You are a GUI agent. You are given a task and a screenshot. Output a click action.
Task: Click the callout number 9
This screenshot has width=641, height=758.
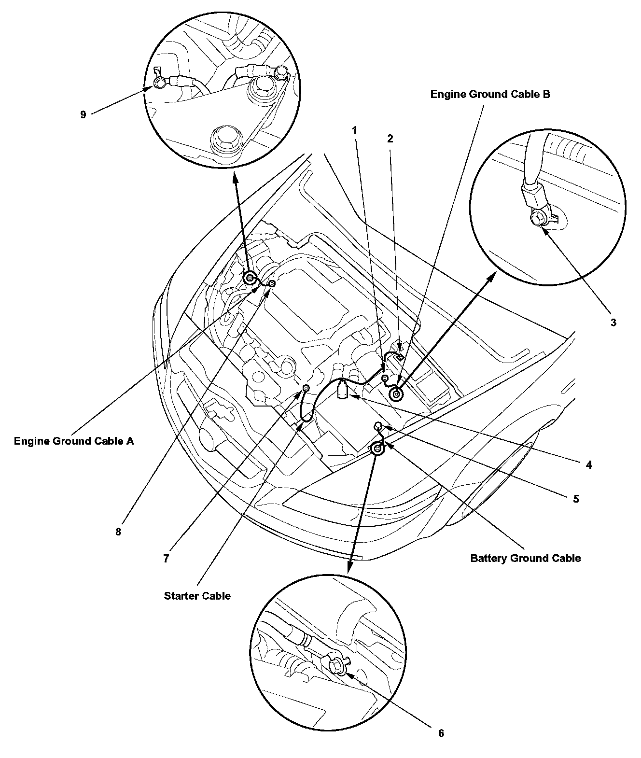[x=83, y=114]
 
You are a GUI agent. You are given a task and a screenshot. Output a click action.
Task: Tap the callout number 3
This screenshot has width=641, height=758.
[x=613, y=323]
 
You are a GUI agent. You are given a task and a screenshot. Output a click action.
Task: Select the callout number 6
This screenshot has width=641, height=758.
[x=441, y=733]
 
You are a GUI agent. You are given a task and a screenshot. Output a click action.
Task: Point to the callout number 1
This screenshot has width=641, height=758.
[x=355, y=130]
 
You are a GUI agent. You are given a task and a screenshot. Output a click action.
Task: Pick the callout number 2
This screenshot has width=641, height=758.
[x=390, y=139]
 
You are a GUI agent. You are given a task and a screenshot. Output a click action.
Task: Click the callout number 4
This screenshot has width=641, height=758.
[x=588, y=465]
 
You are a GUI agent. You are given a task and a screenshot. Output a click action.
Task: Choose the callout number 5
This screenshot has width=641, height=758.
[x=575, y=498]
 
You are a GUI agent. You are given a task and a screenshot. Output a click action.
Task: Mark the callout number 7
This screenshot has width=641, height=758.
[x=166, y=559]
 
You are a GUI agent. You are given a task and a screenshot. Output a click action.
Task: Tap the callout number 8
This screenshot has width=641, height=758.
[x=118, y=532]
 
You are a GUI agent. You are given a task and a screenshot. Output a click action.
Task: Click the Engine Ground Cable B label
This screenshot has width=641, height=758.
[x=490, y=95]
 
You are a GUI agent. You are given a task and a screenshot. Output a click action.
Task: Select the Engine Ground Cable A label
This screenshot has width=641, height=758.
[x=74, y=441]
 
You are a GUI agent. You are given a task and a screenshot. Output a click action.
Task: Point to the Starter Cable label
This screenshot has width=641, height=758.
[x=197, y=596]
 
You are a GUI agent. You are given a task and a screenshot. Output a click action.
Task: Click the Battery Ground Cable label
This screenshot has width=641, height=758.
[x=526, y=559]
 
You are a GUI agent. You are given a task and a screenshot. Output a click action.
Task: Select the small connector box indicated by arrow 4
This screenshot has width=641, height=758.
[x=342, y=389]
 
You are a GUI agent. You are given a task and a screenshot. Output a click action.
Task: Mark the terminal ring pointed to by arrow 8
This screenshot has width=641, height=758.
[x=272, y=283]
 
